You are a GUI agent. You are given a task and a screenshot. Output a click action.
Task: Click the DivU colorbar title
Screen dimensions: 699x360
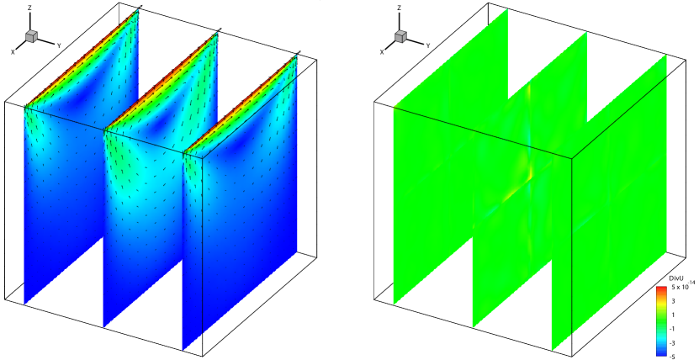pos(677,278)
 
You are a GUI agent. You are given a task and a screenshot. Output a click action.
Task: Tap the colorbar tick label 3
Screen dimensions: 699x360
pos(673,301)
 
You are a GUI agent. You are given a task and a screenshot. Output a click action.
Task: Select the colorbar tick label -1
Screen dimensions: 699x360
pos(672,328)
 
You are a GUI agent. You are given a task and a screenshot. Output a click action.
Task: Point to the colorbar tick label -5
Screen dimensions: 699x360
pos(672,356)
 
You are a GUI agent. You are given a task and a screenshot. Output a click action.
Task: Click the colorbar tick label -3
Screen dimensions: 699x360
pos(672,341)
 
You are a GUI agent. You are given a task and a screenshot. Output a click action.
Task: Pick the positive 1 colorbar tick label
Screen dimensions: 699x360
pos(673,315)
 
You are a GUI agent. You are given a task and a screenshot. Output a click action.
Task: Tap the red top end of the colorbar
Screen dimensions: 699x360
pos(661,289)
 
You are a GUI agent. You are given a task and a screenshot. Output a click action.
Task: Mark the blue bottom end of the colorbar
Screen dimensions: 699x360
pos(661,354)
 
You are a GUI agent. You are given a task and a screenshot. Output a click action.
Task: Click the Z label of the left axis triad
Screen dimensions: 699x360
pos(29,8)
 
